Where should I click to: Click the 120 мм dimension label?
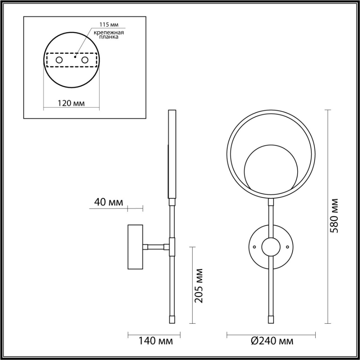[71, 103]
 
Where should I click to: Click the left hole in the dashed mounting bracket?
[59, 60]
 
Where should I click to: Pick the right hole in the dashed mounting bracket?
[85, 60]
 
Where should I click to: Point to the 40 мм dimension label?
[108, 202]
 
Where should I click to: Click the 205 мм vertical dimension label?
[198, 285]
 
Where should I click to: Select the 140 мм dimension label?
[155, 341]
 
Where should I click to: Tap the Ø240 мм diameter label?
[271, 341]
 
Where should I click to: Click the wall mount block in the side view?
[136, 247]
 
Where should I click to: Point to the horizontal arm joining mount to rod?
[156, 247]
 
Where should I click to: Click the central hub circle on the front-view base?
[271, 247]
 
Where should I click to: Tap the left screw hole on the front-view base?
[254, 247]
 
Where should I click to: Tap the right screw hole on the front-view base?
[287, 247]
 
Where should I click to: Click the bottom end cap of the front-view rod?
[271, 319]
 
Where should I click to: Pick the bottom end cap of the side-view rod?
[172, 319]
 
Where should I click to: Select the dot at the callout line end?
[75, 56]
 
